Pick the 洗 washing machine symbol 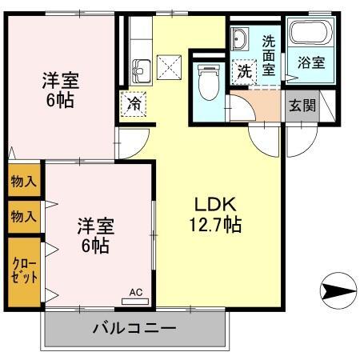tap(243, 70)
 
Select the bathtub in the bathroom tap(309, 34)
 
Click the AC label tap(135, 293)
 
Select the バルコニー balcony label tap(134, 328)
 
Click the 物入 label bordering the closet tap(23, 215)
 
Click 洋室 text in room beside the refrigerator tap(60, 80)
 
